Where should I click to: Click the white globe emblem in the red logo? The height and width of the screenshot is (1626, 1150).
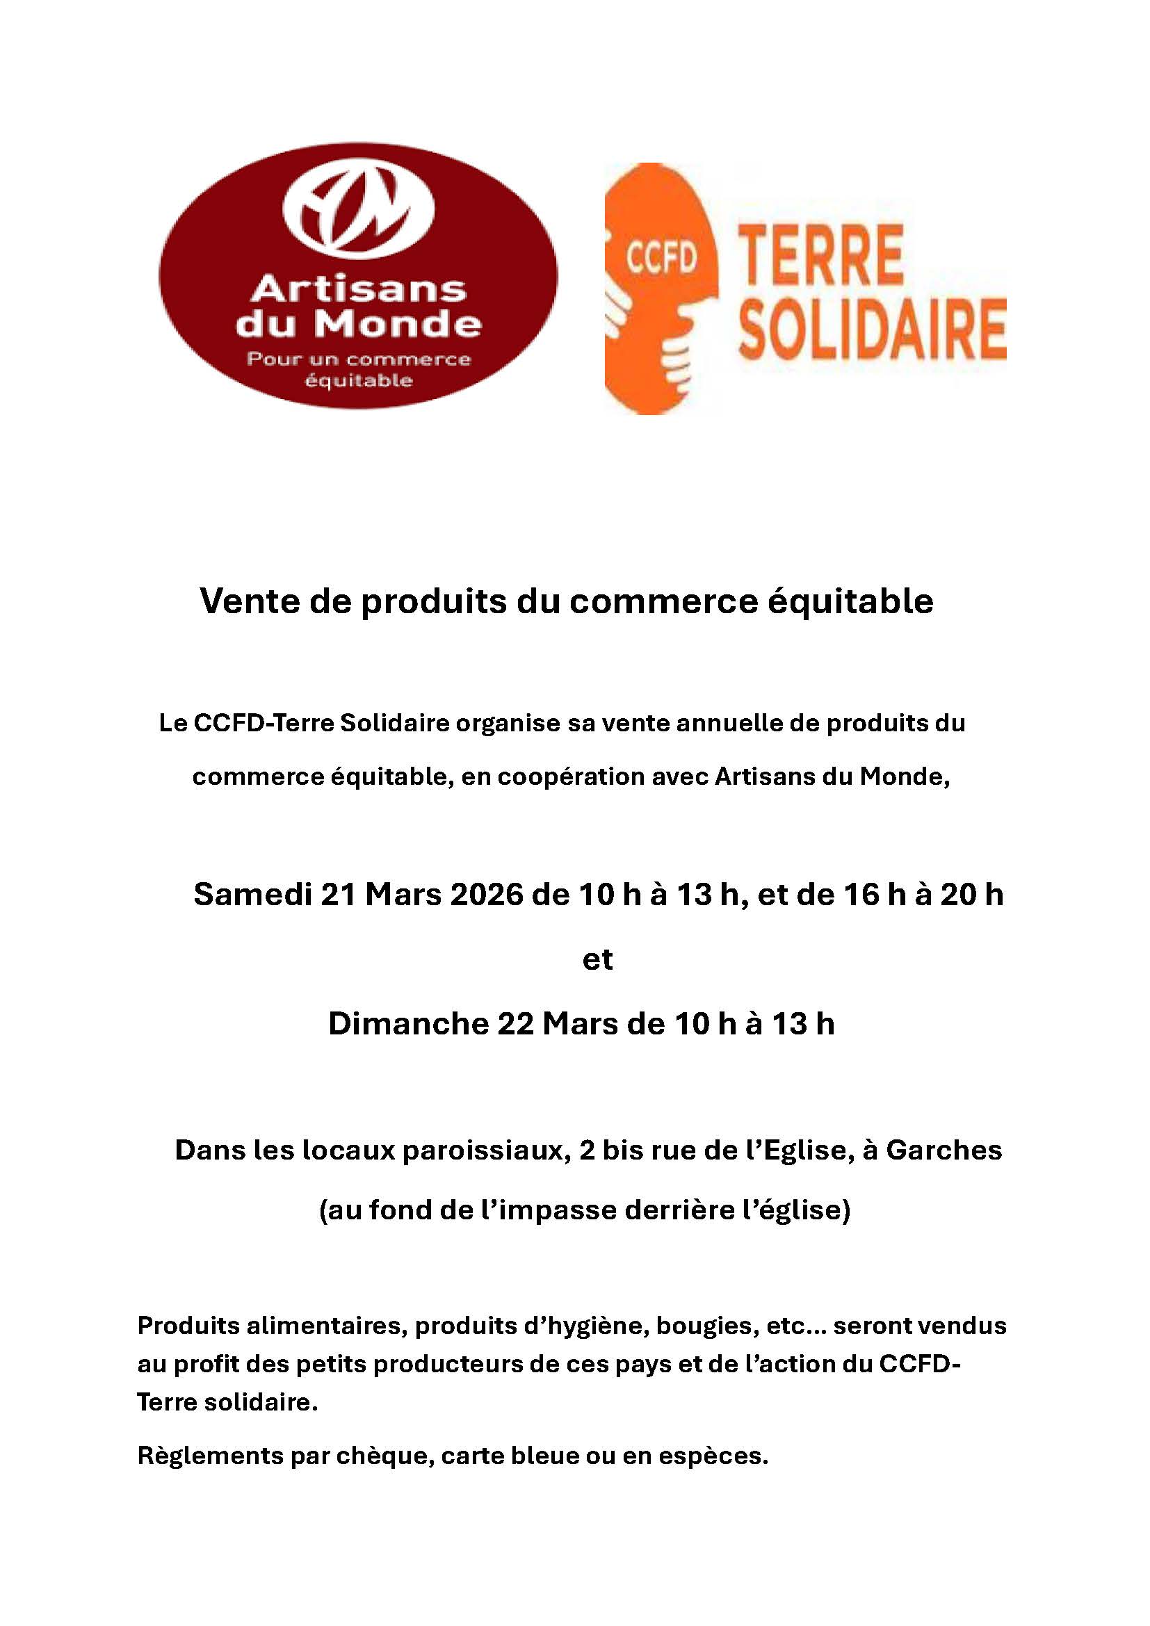point(358,210)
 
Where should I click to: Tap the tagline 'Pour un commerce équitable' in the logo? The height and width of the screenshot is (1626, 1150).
point(358,369)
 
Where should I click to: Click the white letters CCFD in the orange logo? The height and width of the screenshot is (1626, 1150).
point(661,259)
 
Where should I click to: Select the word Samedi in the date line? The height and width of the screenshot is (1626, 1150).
point(252,895)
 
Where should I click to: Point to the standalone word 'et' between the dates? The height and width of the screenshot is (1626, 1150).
point(597,959)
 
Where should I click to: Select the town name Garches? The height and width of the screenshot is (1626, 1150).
point(944,1150)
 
